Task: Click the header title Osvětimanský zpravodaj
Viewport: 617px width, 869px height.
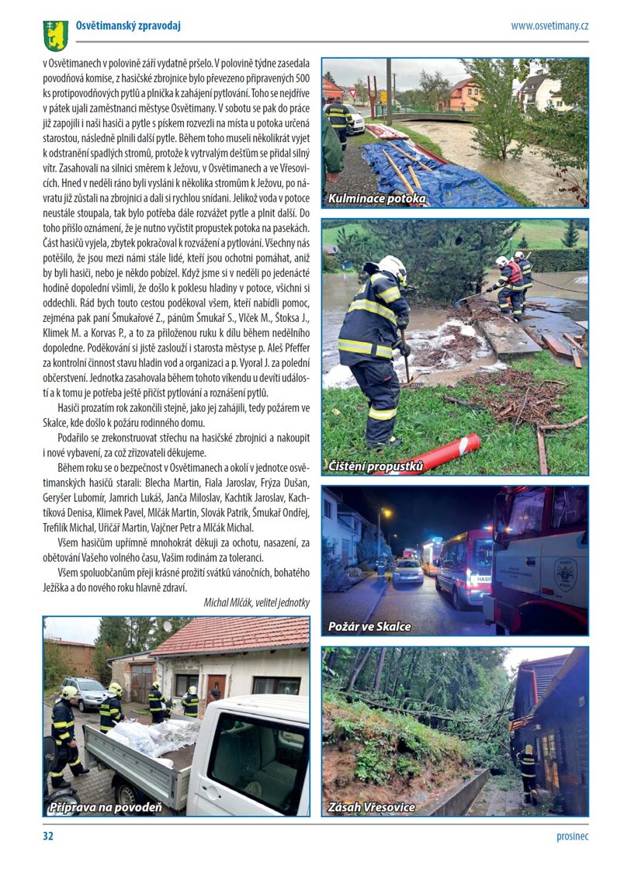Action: pos(128,26)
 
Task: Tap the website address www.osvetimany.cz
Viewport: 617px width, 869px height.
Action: pos(549,26)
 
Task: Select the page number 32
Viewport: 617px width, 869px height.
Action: pos(48,836)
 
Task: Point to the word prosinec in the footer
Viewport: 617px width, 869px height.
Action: pos(572,836)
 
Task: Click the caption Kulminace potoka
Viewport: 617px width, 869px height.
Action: pos(376,199)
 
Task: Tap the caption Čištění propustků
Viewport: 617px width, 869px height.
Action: pos(376,466)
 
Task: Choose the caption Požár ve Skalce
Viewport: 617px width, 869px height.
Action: pos(369,626)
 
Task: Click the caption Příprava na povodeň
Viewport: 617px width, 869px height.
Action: pos(106,808)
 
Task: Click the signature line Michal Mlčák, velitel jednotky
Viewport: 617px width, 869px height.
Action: pos(257,602)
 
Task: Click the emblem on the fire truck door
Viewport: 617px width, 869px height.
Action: pos(565,573)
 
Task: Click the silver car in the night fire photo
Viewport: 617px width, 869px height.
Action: pos(407,572)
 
